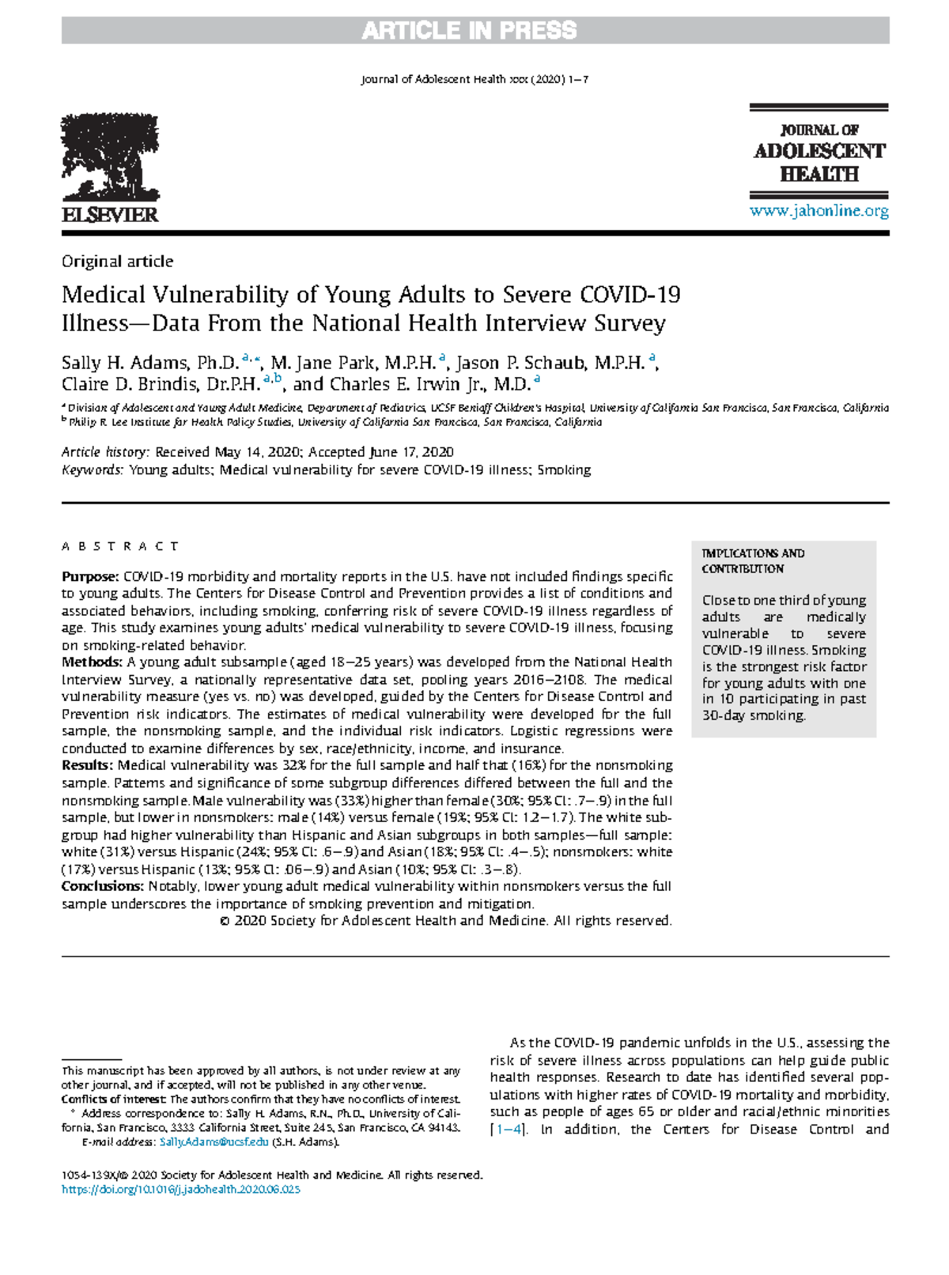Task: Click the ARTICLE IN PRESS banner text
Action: [x=470, y=31]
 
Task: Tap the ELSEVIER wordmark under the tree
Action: [x=110, y=215]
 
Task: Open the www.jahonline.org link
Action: [x=819, y=211]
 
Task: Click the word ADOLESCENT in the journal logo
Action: [x=819, y=151]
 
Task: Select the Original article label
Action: [x=117, y=262]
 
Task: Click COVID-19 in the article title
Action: [x=630, y=295]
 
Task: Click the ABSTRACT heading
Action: [x=120, y=546]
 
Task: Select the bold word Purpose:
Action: [x=89, y=577]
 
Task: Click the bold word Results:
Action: [x=88, y=766]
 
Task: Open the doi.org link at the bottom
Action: [x=180, y=1190]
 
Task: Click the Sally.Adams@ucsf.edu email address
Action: [x=214, y=1142]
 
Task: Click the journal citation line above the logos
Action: [x=475, y=80]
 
